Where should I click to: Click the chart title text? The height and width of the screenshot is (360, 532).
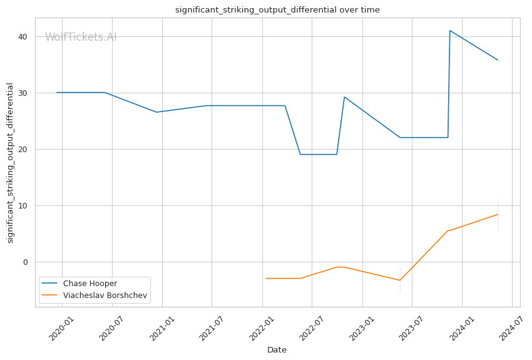(x=277, y=10)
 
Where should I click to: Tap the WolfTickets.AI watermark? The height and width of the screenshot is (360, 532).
(x=81, y=37)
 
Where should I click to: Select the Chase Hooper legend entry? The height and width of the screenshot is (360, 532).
(x=90, y=284)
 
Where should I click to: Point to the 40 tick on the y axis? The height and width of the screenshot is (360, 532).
(x=23, y=36)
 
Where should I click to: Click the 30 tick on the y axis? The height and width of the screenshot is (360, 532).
(x=23, y=93)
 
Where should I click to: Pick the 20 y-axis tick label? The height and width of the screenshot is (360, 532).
(x=23, y=149)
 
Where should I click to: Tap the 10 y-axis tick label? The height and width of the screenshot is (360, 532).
(x=23, y=205)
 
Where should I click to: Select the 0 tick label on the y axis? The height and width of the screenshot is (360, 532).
(x=25, y=262)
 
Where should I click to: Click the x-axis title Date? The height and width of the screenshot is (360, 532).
(x=277, y=350)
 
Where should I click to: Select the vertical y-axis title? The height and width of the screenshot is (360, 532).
(x=10, y=162)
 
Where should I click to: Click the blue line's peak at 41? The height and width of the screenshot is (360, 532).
(x=450, y=30)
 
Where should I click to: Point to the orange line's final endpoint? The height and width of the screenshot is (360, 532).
(x=498, y=214)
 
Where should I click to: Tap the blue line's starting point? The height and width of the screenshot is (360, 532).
(x=57, y=93)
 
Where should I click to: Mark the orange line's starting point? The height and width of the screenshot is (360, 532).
(x=265, y=278)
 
